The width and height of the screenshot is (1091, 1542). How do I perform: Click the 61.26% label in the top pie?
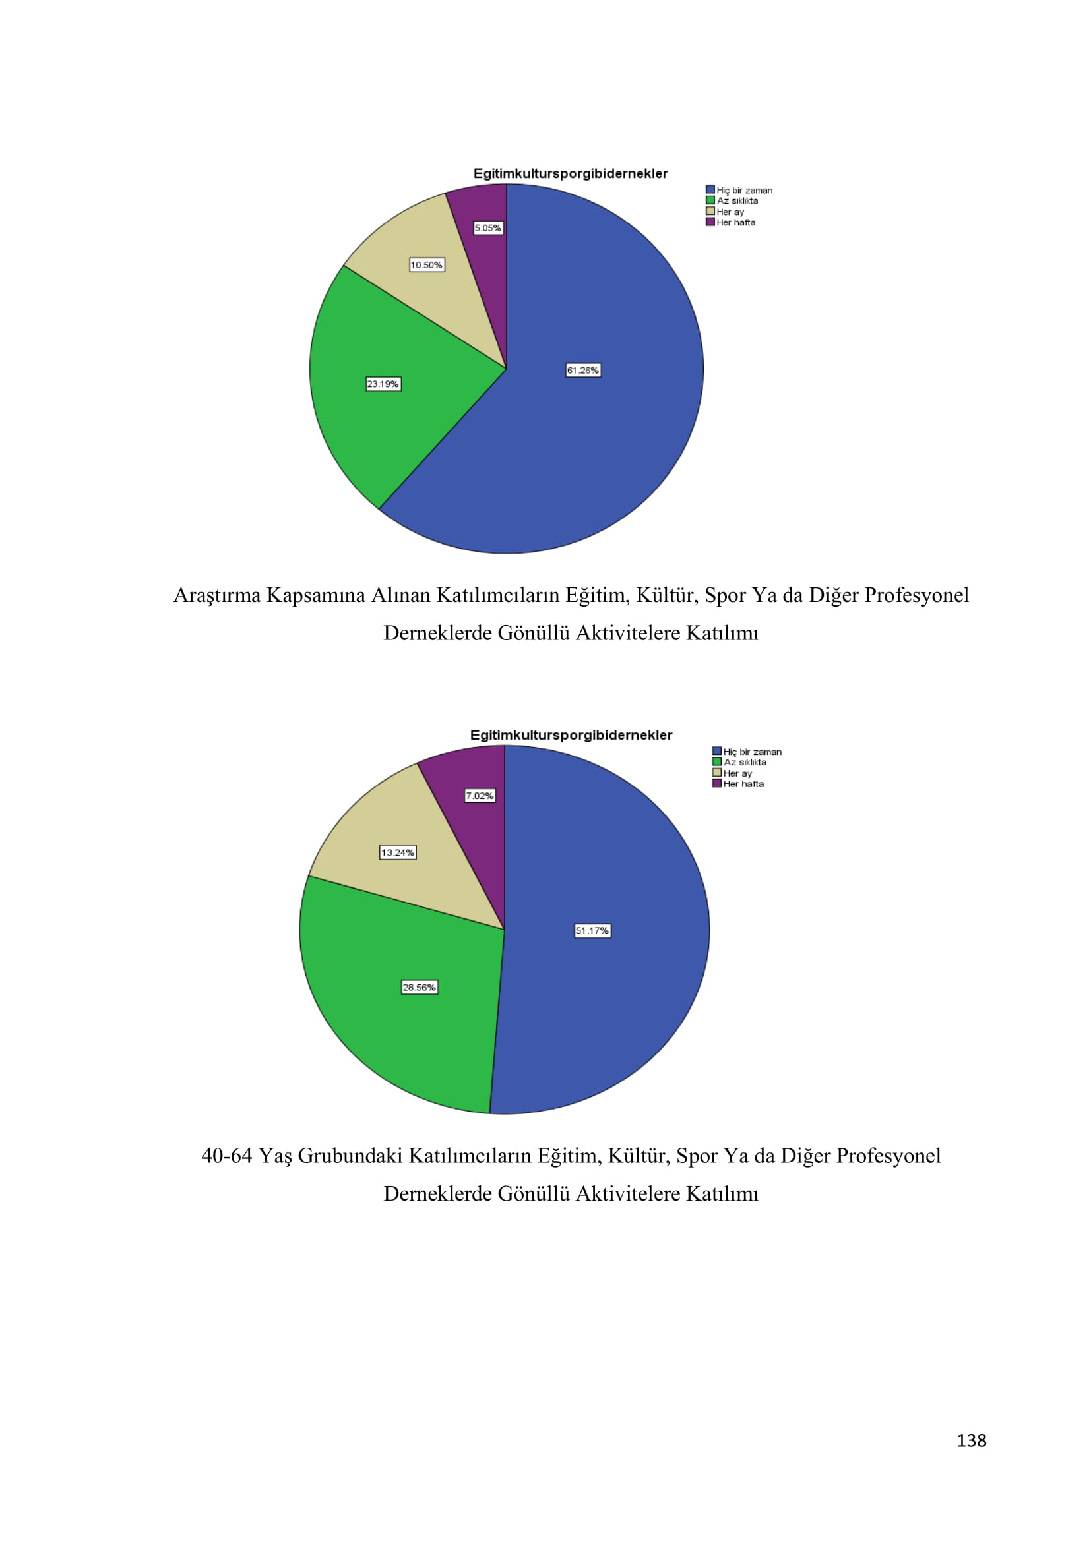tap(582, 370)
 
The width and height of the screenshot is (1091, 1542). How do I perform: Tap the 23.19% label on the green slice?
tap(383, 384)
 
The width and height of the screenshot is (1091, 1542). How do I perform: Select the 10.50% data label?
tap(427, 265)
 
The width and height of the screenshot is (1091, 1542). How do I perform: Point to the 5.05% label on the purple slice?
tap(487, 228)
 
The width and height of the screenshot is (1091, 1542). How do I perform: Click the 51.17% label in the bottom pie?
tap(592, 931)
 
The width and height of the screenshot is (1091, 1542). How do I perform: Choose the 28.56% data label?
tap(420, 988)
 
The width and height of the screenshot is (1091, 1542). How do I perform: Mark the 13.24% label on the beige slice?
tap(398, 853)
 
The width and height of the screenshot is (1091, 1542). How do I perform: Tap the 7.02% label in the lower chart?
tap(480, 796)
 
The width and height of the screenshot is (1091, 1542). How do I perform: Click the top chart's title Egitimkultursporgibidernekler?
tap(571, 174)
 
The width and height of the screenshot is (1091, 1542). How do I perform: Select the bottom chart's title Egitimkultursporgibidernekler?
tap(571, 736)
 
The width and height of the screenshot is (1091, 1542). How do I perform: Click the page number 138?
tap(972, 1441)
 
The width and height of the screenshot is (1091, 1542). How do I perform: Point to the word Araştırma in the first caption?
tap(217, 596)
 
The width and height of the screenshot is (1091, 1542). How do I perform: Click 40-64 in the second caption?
tap(226, 1156)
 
